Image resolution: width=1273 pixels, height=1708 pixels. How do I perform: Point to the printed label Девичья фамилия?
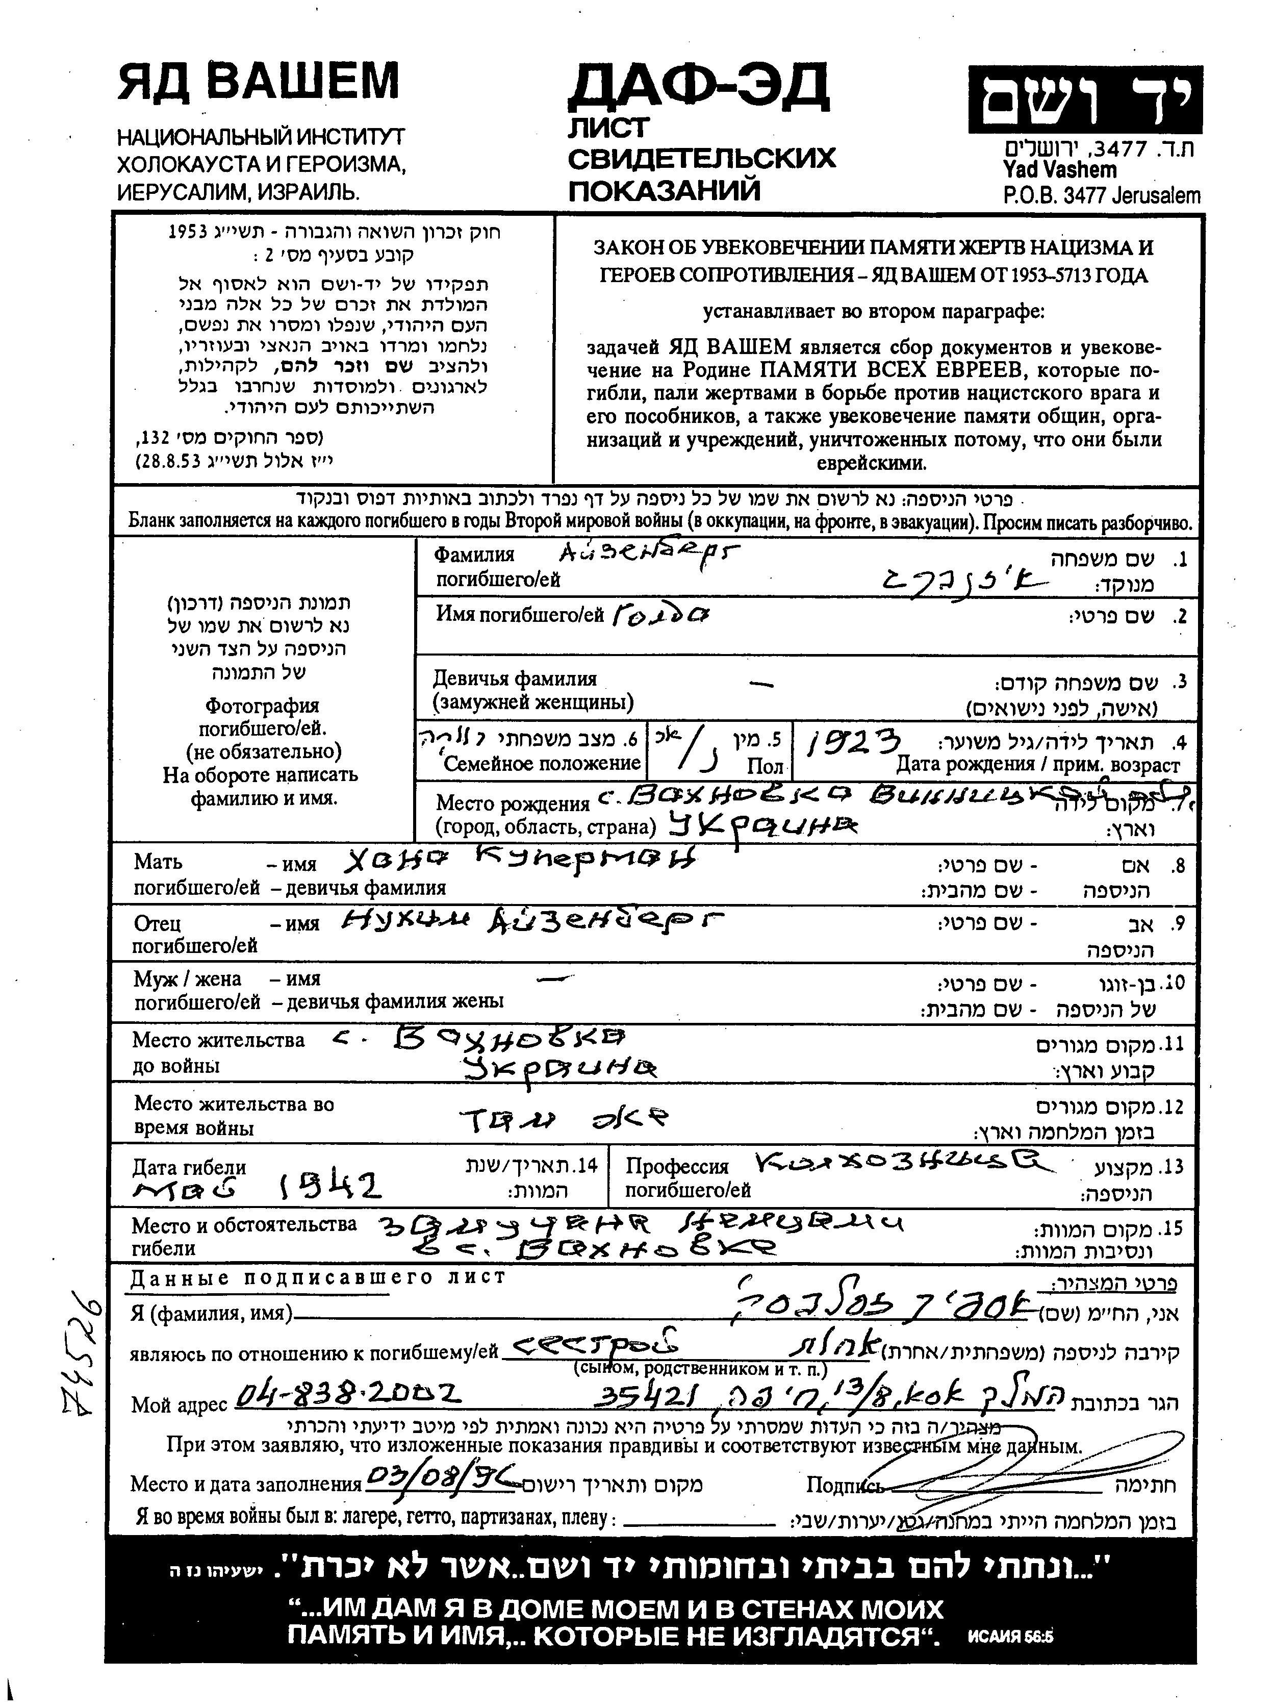pos(515,679)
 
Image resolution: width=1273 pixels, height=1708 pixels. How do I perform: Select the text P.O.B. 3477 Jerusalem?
pos(1101,196)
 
